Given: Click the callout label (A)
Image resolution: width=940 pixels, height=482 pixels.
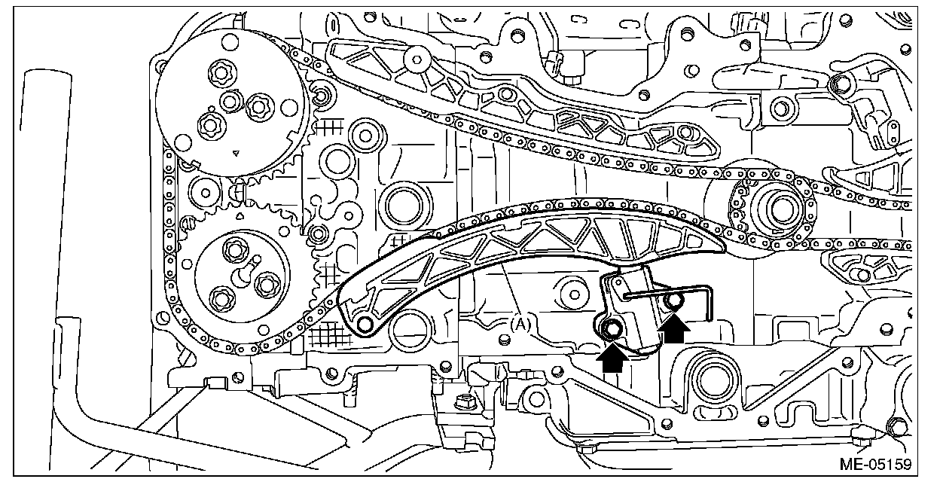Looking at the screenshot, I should [522, 325].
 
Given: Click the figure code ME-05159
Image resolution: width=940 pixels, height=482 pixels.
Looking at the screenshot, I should [890, 461].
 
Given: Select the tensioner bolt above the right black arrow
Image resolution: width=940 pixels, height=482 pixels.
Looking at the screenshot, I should [675, 301].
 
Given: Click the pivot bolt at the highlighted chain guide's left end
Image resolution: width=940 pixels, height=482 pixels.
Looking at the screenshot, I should [365, 324].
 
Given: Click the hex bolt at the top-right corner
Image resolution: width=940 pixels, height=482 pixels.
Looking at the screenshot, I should [835, 84].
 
